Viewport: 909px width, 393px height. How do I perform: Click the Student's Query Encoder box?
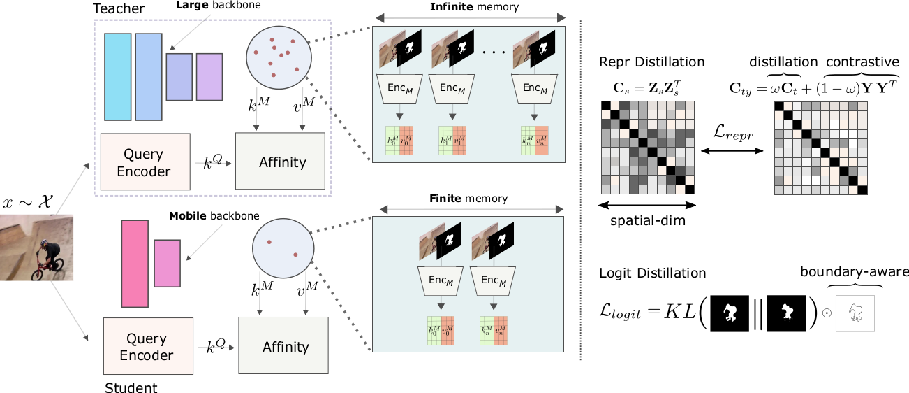click(x=147, y=347)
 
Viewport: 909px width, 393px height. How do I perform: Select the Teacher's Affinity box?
click(x=282, y=162)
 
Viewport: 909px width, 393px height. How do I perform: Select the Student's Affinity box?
click(x=285, y=347)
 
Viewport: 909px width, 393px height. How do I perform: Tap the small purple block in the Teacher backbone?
click(x=209, y=77)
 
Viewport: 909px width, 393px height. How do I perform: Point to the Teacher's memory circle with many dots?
click(x=279, y=55)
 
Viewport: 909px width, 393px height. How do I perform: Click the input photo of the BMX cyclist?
click(x=36, y=248)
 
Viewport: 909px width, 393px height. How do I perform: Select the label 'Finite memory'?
click(x=468, y=199)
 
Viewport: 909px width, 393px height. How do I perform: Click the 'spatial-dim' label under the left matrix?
click(x=649, y=220)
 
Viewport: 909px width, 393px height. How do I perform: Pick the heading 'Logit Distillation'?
click(x=653, y=273)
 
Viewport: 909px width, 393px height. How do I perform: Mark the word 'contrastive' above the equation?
click(x=860, y=62)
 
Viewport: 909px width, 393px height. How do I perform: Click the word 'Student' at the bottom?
click(x=131, y=387)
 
